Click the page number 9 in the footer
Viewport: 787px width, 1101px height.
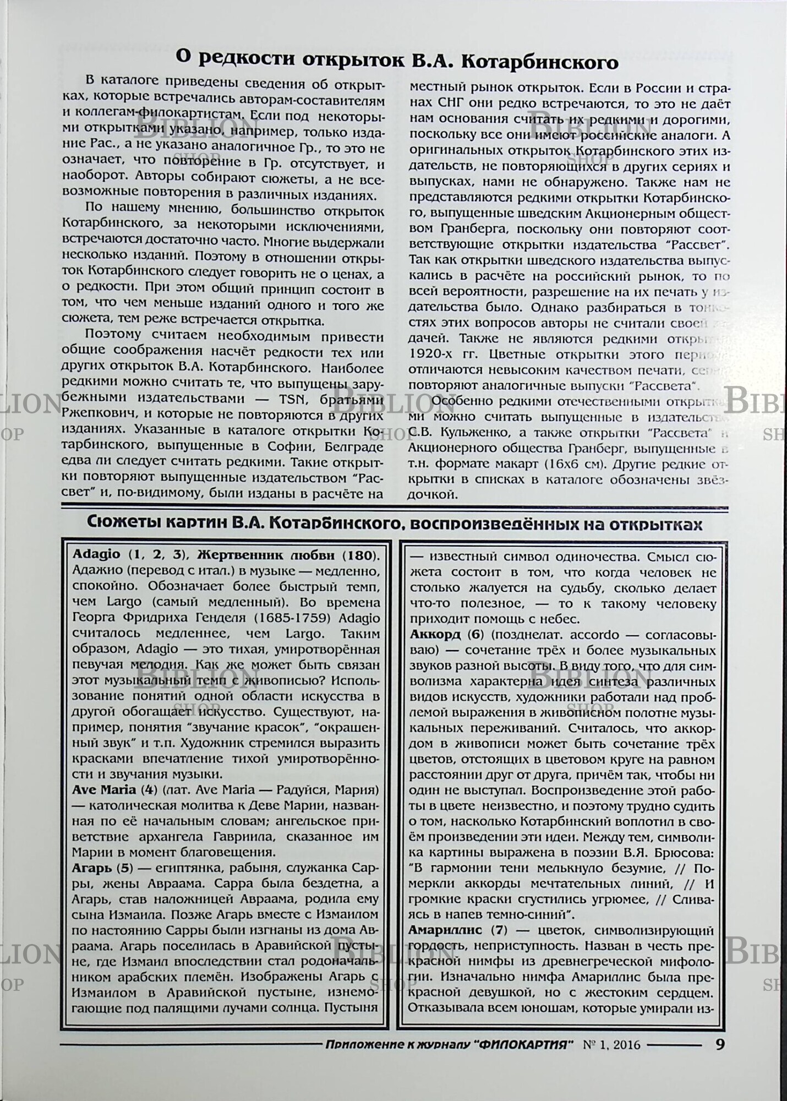pos(720,1044)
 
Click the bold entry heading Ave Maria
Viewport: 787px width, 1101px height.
pos(104,790)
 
